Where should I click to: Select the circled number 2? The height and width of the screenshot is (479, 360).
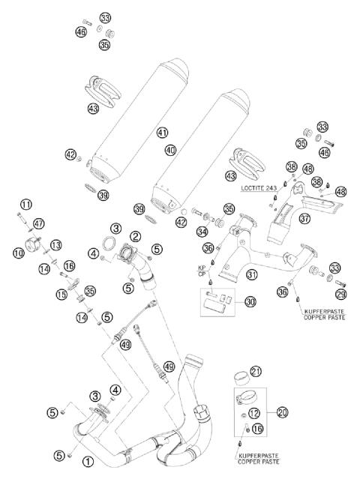136,236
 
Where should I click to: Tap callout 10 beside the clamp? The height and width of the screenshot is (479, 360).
18,253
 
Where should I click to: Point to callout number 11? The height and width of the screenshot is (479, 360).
26,204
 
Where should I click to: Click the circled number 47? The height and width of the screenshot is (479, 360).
39,223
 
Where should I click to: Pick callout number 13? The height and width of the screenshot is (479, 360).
56,246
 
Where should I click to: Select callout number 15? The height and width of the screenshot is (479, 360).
61,295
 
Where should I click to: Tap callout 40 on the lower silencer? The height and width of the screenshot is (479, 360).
171,150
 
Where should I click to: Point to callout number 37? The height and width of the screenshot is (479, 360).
304,219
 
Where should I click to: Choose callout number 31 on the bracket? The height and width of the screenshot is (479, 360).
252,274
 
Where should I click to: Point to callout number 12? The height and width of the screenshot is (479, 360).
256,412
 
